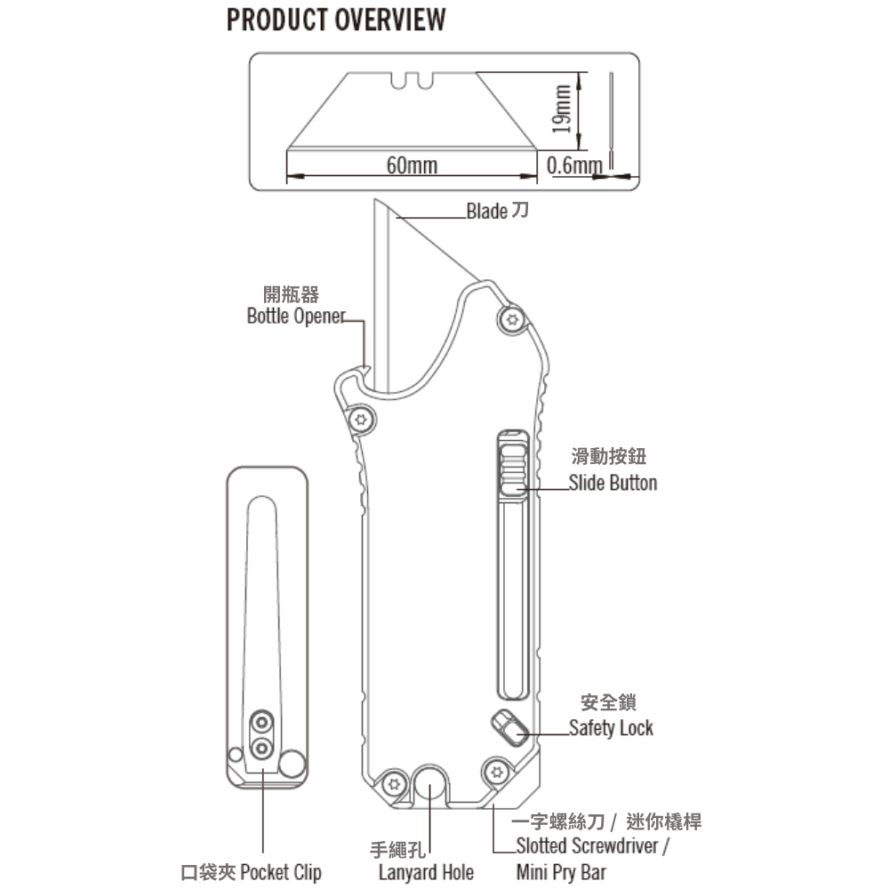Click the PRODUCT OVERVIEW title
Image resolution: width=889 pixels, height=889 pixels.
coord(336,20)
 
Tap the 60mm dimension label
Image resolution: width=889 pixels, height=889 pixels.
coord(412,165)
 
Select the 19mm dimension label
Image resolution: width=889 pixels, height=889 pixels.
coord(560,108)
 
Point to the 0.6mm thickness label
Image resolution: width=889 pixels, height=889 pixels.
coord(574,165)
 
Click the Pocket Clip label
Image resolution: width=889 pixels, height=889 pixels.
coord(251,871)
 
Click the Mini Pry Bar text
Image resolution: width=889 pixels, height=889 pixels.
coord(561,871)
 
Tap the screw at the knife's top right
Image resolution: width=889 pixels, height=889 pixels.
coord(511,320)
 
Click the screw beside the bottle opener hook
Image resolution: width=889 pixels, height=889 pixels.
coord(361,418)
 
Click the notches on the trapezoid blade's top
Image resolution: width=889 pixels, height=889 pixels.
coord(412,81)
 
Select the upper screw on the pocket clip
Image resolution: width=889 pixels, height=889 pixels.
coord(261,721)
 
